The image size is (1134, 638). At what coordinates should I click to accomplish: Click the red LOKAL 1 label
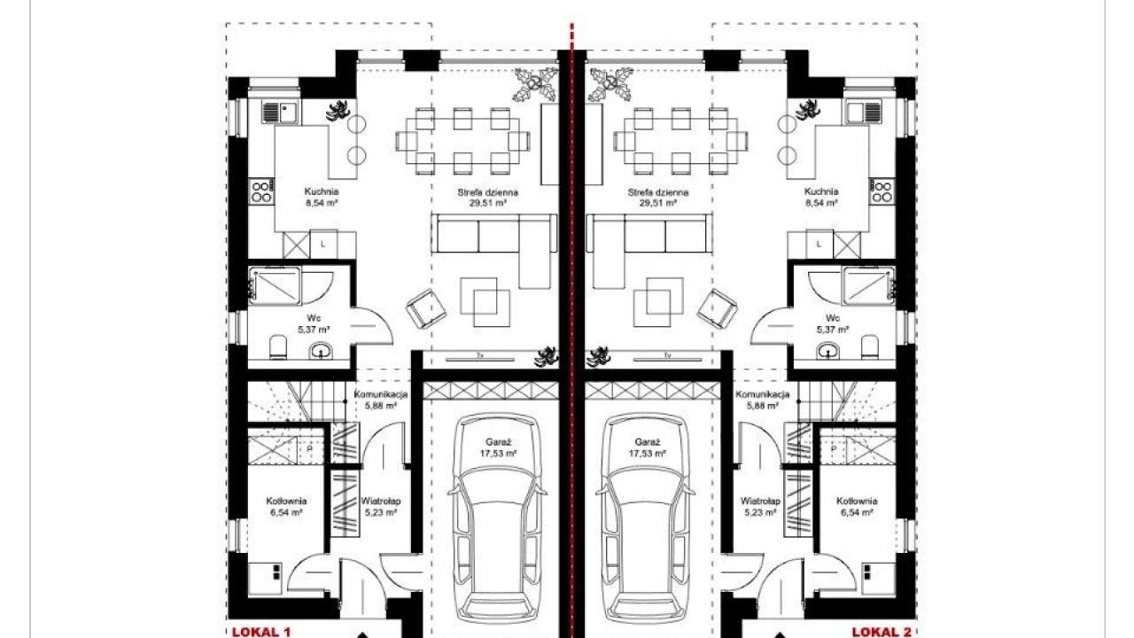coord(261,632)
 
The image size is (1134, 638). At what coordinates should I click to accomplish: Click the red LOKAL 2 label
coord(882,632)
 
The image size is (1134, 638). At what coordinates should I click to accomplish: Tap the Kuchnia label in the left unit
coord(322,192)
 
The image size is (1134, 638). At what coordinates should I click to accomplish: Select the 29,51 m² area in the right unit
coord(658,204)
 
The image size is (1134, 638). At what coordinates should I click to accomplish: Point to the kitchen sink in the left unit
coord(281,112)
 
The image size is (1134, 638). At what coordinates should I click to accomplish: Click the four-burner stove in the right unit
coord(882,191)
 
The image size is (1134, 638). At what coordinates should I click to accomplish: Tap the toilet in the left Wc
coord(278,347)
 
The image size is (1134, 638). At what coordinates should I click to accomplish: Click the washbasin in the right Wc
coord(827,350)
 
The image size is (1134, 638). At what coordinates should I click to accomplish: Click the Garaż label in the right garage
coord(648,442)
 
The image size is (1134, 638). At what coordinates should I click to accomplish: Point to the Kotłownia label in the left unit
coord(286,502)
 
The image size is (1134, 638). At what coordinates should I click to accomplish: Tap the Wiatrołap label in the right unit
coord(760,502)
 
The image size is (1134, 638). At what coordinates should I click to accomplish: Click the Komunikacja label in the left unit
coord(381,394)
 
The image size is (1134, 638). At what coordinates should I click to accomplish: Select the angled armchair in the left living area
coord(426,309)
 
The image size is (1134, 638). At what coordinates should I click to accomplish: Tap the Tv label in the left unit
coord(479,356)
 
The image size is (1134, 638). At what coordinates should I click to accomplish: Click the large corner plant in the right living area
coord(610,84)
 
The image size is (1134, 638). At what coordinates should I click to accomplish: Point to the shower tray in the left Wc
coord(275,286)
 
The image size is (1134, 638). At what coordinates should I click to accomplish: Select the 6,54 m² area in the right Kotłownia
coord(857,512)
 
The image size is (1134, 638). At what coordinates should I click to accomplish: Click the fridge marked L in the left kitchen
coord(323,245)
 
